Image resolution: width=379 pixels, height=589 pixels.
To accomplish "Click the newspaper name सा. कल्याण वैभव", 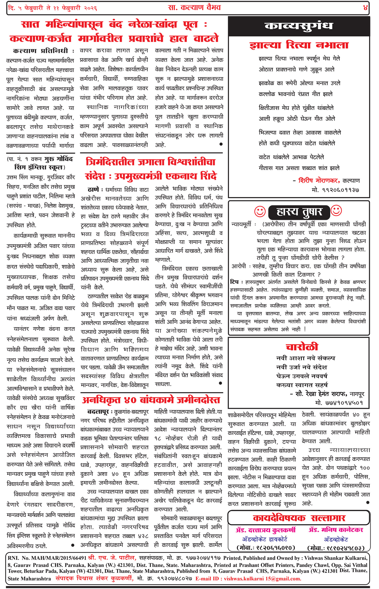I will pos(194,8).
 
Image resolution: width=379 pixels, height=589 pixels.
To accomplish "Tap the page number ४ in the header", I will pos(365,8).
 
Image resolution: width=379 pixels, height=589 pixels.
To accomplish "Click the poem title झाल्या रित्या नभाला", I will pos(299,45).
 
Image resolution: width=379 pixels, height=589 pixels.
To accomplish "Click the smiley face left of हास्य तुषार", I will pos(260,211).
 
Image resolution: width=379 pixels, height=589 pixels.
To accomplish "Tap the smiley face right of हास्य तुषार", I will pos(336,210).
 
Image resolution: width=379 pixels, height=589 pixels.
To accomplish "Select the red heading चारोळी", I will pos(302,347).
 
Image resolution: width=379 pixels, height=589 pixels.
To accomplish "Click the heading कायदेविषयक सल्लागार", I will pos(299,518).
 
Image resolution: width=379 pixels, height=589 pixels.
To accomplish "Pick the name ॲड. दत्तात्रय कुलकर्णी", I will pos(266,530).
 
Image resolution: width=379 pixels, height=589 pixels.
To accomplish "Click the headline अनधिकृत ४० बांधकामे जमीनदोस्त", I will pos(151,400).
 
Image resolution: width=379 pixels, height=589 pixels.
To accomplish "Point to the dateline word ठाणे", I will pos(93,190).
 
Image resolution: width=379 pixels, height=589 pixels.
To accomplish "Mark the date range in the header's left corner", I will pos(53,8).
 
